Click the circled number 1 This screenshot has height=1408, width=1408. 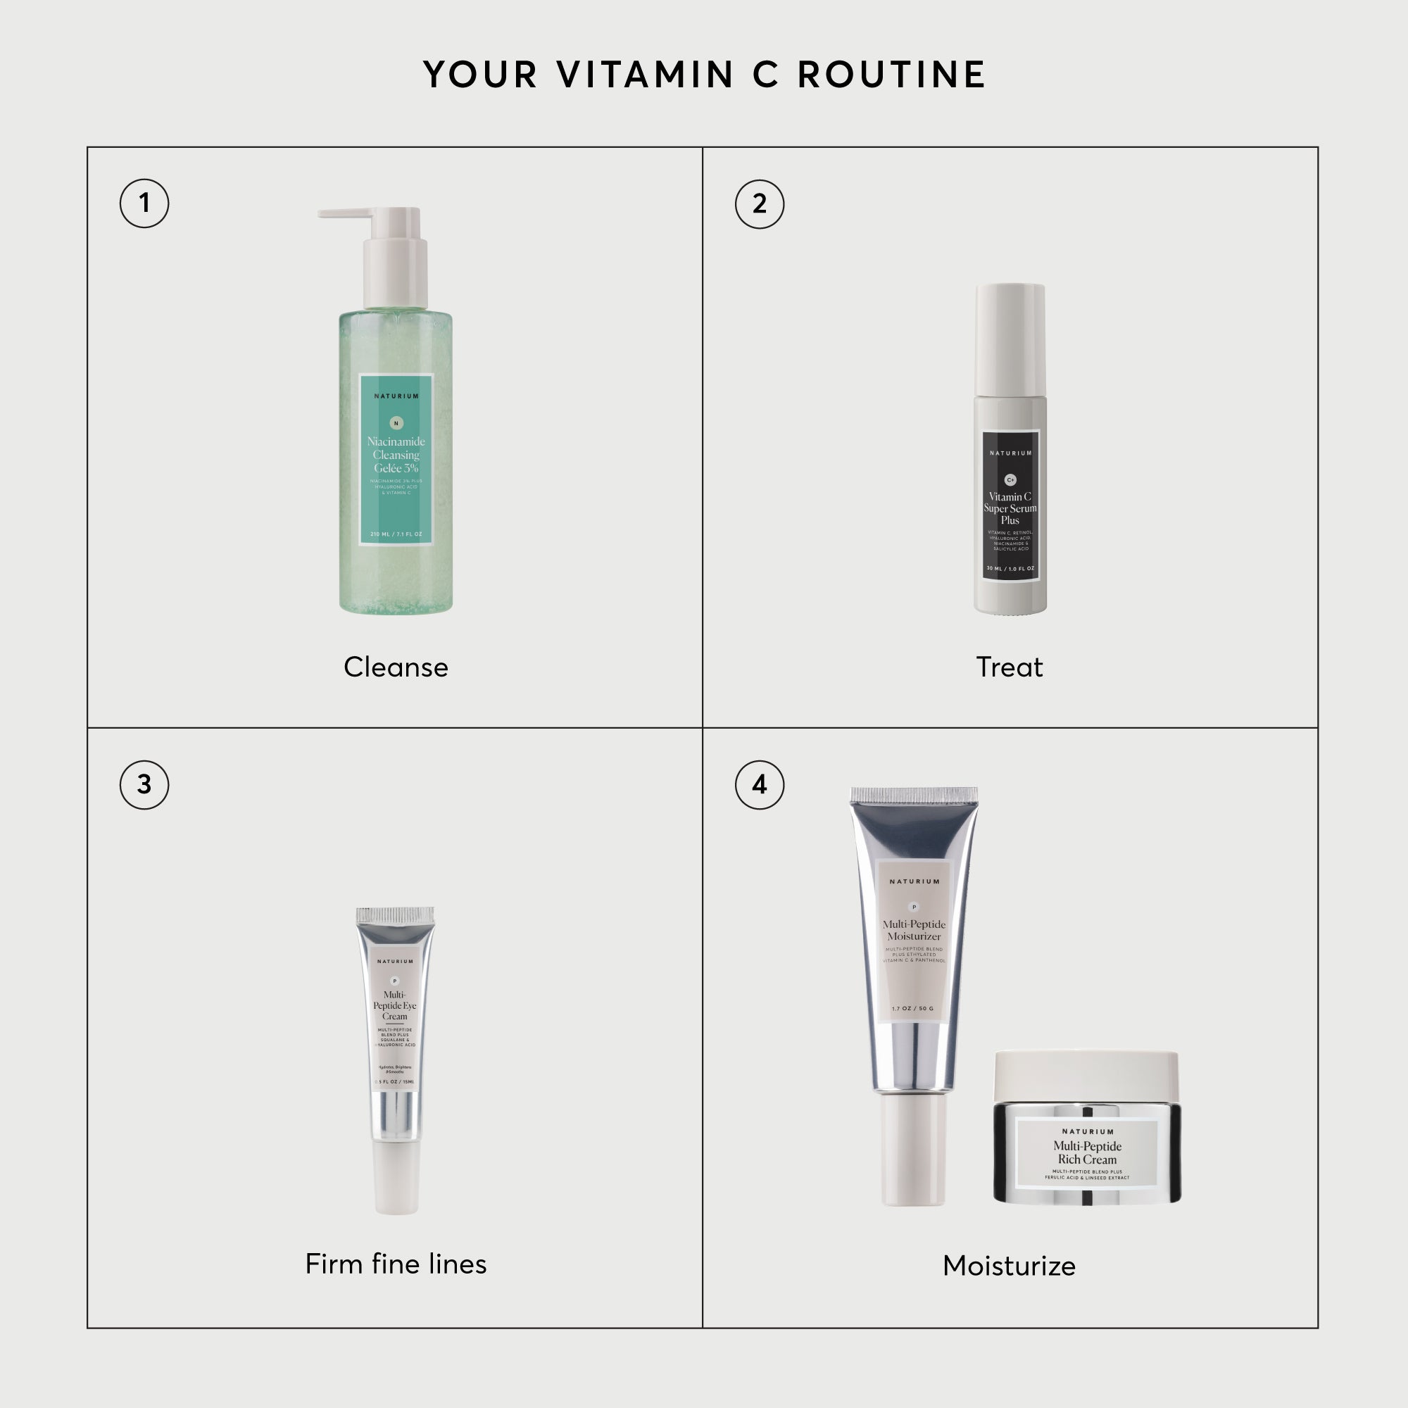[x=144, y=203]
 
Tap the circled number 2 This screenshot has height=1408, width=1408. [x=760, y=204]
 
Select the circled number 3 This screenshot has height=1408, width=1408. [x=144, y=785]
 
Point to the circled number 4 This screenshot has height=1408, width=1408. [x=760, y=785]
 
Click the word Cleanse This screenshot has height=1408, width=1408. [x=396, y=667]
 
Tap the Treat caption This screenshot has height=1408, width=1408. [x=1010, y=667]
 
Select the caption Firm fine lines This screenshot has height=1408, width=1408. [x=396, y=1264]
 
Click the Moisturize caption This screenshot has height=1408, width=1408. [x=1010, y=1266]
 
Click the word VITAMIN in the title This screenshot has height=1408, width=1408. [x=645, y=75]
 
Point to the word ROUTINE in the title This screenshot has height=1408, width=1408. [x=892, y=75]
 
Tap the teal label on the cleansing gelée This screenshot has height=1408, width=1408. [x=396, y=459]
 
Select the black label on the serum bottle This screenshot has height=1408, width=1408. [x=1010, y=505]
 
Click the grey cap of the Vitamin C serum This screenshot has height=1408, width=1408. [x=1010, y=339]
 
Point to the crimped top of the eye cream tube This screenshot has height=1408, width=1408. [x=395, y=916]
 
